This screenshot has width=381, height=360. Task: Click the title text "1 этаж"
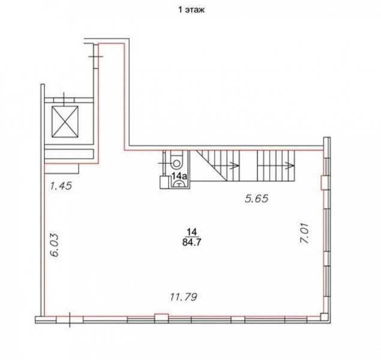click(191, 10)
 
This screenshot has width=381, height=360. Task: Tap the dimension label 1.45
click(61, 186)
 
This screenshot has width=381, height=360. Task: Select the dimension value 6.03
click(55, 245)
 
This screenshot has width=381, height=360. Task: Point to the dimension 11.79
click(184, 297)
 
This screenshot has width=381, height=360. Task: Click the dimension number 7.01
click(304, 233)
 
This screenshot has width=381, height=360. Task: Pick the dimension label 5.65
click(257, 199)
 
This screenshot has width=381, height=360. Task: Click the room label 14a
click(179, 176)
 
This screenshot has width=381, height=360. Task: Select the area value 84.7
click(192, 242)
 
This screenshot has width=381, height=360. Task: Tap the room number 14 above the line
click(192, 232)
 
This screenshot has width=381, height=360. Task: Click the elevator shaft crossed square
click(65, 121)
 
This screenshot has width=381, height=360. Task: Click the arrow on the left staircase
click(235, 166)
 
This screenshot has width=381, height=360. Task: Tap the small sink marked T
click(179, 184)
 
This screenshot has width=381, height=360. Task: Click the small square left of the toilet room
click(164, 182)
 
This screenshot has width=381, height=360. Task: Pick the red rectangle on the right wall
click(323, 182)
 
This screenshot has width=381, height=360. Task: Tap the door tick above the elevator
click(64, 99)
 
